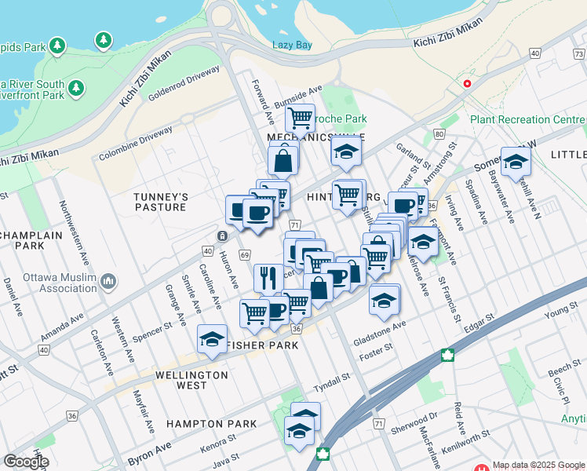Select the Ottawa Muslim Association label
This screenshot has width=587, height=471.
pos(57,281)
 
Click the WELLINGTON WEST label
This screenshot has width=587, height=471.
pos(191,380)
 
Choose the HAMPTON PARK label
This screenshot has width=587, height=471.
pos(211,424)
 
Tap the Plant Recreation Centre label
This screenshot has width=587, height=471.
pos(527,120)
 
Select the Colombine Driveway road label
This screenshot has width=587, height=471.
pos(135,144)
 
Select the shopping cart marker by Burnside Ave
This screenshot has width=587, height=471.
pos(300,119)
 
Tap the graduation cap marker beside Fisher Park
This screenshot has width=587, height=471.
pos(211,338)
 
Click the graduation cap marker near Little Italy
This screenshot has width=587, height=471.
pos(516,162)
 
